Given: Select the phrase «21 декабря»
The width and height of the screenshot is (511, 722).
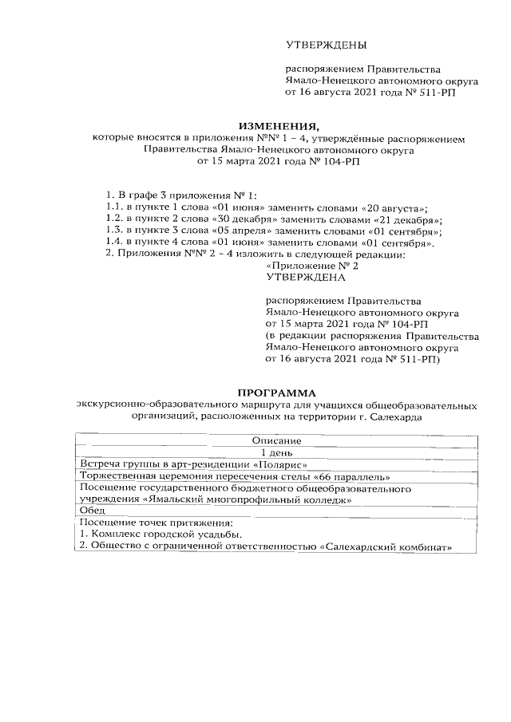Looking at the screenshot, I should click(x=407, y=219).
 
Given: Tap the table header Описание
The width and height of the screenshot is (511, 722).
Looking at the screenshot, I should click(x=276, y=440).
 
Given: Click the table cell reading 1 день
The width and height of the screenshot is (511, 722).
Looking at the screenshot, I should click(x=276, y=452).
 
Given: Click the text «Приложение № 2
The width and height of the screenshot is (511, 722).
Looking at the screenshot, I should click(x=312, y=266).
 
